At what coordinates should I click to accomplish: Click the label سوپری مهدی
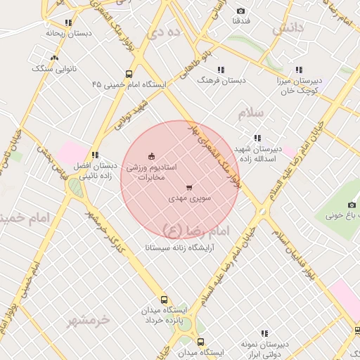tap(188, 199)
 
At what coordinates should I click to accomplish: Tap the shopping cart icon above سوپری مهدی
tap(188, 188)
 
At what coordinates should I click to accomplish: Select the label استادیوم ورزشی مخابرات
tap(151, 172)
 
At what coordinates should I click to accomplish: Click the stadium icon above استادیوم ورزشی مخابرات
tap(151, 156)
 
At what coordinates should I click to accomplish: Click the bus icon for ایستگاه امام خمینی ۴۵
tap(129, 73)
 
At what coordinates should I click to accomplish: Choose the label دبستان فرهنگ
tap(221, 80)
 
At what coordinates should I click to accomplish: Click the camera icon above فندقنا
tap(241, 11)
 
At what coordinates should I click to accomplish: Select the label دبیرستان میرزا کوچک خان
tap(299, 86)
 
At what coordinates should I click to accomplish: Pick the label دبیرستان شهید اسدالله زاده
tap(257, 154)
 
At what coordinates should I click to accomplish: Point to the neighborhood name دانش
tap(288, 27)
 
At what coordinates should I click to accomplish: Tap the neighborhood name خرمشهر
tap(89, 320)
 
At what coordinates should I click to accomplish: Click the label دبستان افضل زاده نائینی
tap(94, 172)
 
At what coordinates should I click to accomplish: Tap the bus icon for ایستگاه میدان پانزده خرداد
tap(165, 300)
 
